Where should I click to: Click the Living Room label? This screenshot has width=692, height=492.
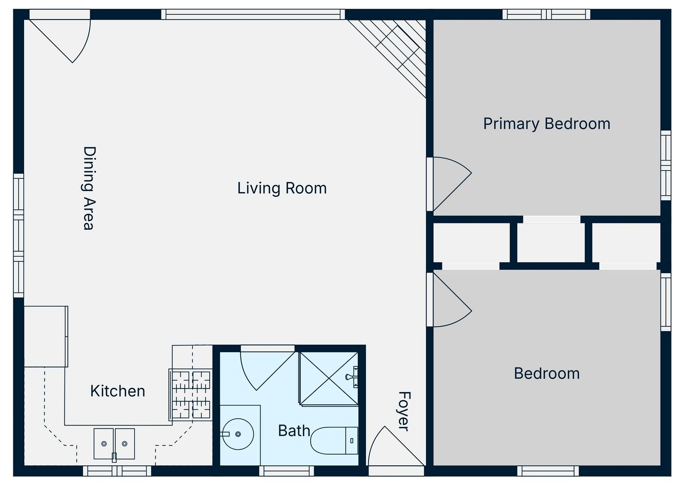tap(282, 189)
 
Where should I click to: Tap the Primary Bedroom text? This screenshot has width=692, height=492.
tap(546, 124)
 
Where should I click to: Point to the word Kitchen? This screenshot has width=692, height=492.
tap(118, 391)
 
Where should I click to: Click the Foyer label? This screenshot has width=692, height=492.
tap(404, 411)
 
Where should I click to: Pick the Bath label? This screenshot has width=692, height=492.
tap(294, 430)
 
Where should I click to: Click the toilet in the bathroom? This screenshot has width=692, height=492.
tap(335, 441)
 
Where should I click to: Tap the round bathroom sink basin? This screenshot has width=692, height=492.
tap(238, 434)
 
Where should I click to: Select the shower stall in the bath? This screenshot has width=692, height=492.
tap(329, 378)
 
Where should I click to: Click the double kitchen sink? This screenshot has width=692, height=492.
tap(114, 444)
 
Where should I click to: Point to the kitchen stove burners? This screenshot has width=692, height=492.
tap(191, 395)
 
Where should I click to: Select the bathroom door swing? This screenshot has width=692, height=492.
tap(268, 371)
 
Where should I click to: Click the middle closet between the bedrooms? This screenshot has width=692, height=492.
tap(551, 242)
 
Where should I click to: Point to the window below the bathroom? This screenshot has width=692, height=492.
tap(287, 471)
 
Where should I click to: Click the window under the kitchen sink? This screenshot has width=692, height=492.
tap(117, 471)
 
